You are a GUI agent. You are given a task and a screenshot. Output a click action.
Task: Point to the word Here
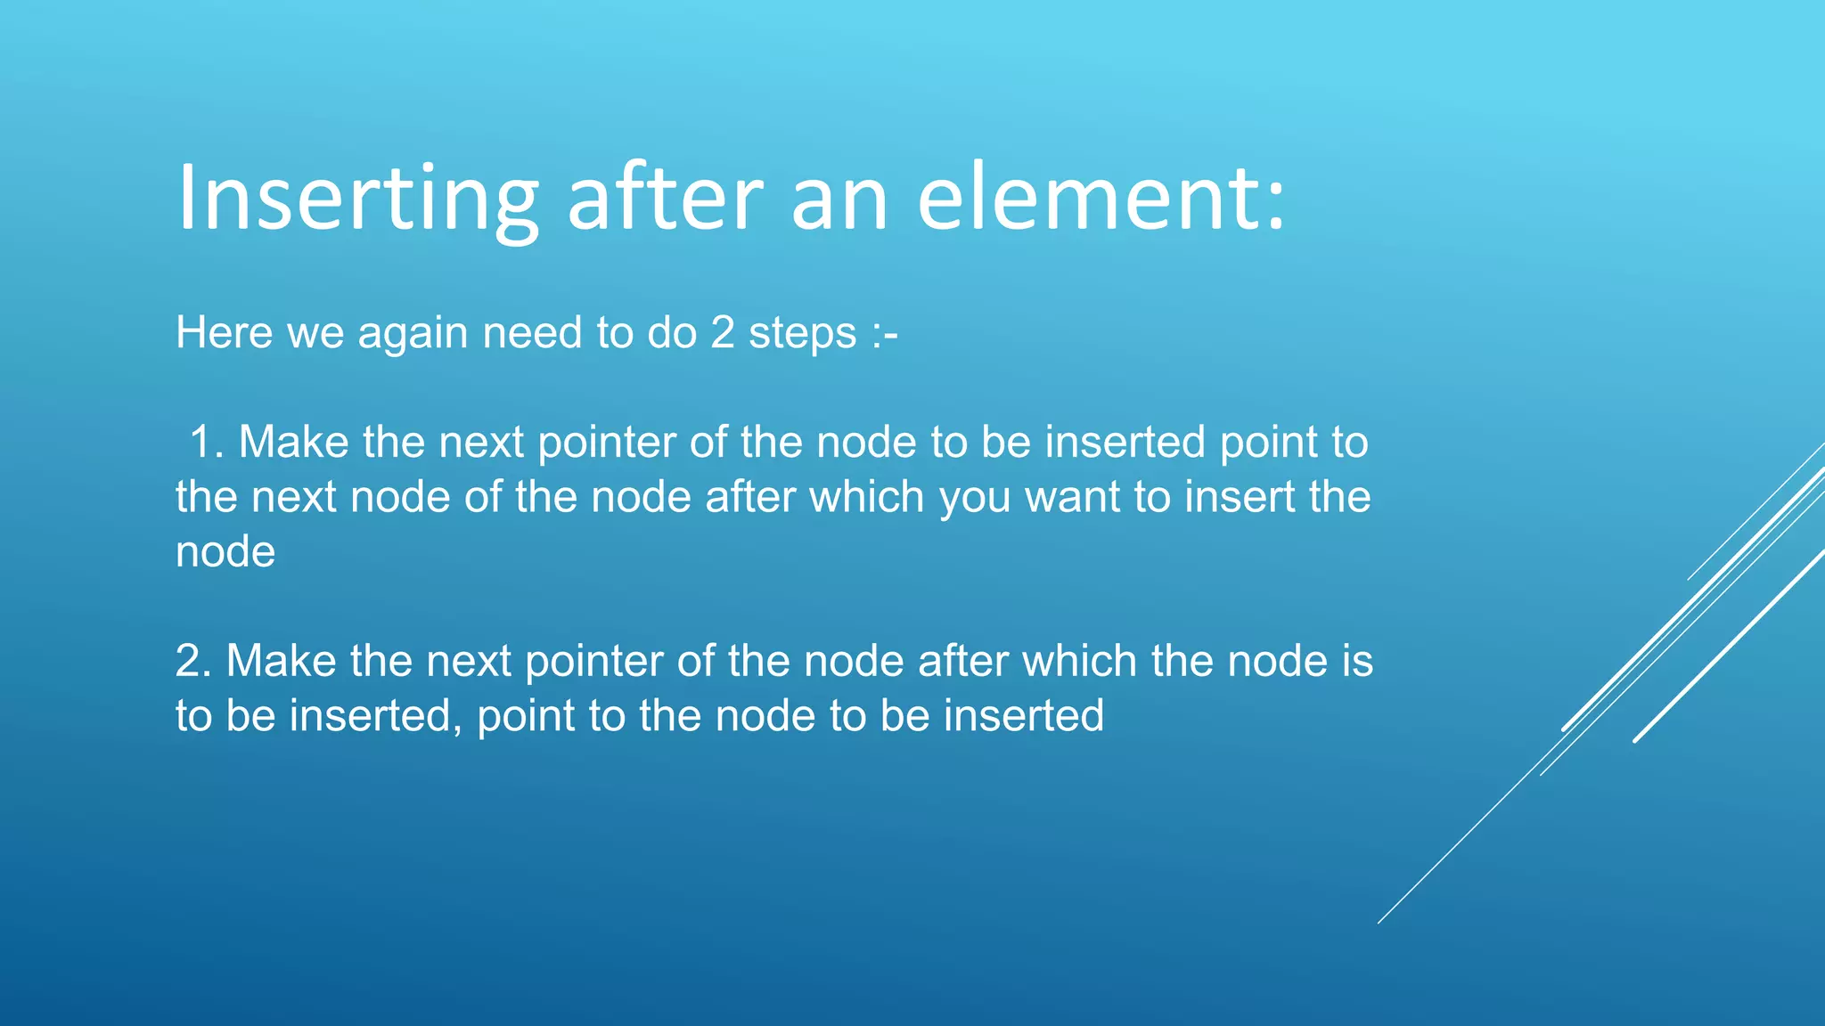tap(224, 333)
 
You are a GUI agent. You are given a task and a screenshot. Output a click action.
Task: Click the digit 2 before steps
tap(723, 333)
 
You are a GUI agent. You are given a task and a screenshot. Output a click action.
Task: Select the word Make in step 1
tap(293, 443)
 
